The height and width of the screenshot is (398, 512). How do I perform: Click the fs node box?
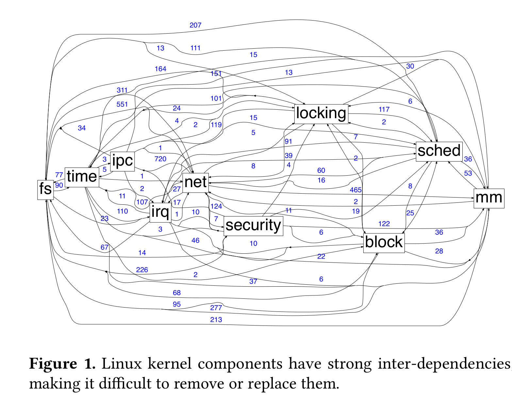(x=45, y=189)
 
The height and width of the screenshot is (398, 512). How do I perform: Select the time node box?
(x=82, y=177)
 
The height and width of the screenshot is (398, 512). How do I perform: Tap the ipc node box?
(x=123, y=161)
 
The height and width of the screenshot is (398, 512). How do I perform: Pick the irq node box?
(x=160, y=212)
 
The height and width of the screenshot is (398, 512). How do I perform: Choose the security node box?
(x=253, y=226)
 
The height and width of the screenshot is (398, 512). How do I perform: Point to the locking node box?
(x=321, y=113)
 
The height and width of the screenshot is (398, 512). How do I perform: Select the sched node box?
(x=439, y=151)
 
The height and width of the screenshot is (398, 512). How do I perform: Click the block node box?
(x=384, y=243)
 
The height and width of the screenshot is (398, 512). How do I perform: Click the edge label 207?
(x=195, y=25)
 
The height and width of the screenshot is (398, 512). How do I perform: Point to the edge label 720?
(x=160, y=159)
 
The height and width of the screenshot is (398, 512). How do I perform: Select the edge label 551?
(x=122, y=104)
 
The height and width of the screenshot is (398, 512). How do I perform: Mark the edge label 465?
(x=355, y=190)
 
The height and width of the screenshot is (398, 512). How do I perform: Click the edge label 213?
(x=216, y=320)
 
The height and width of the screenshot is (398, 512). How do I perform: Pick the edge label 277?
(x=216, y=308)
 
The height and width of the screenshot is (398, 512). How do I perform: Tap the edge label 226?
(x=142, y=270)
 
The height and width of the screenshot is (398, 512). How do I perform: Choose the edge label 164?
(x=160, y=69)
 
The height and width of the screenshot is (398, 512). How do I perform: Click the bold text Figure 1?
(x=62, y=364)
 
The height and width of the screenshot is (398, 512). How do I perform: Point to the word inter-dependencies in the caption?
(x=444, y=364)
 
